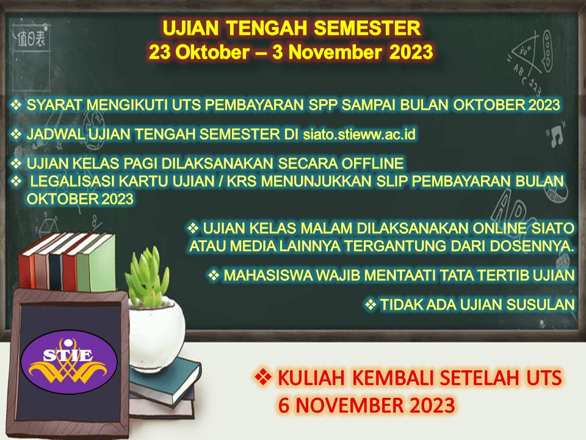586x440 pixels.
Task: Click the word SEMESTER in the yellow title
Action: [x=367, y=28]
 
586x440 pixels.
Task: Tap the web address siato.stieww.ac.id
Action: [x=359, y=134]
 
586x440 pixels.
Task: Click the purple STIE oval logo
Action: [x=69, y=362]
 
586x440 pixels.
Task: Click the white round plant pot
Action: [x=156, y=333]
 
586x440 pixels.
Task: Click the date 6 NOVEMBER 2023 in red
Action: [x=366, y=405]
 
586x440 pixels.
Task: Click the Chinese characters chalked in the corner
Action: [x=31, y=38]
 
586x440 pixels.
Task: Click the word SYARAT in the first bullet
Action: [x=54, y=105]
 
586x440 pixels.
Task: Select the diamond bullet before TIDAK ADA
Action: [x=371, y=304]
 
